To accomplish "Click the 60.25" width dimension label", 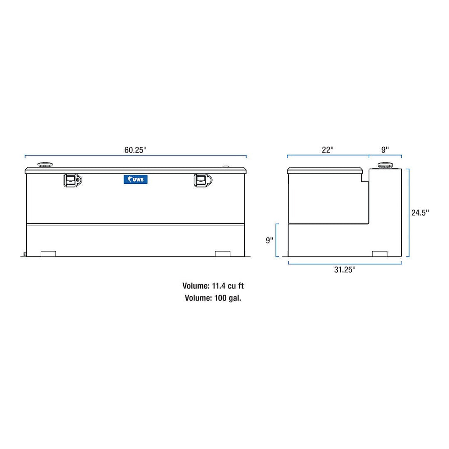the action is click(x=135, y=150).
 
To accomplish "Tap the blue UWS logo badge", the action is click(x=135, y=179).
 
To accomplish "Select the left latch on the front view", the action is click(x=72, y=180).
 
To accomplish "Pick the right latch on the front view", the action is click(x=203, y=180).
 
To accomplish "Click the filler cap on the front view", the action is click(x=45, y=165).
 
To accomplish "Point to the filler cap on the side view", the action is click(x=385, y=166).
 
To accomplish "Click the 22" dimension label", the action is click(x=328, y=150).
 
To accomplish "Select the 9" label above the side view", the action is click(x=385, y=150).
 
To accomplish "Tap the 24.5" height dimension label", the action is click(x=420, y=213).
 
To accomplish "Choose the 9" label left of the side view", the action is click(x=270, y=240).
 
